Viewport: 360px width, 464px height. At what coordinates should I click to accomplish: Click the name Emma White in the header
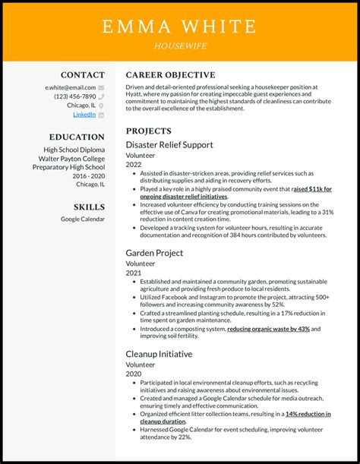point(180,26)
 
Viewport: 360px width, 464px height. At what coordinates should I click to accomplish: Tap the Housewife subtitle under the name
point(180,46)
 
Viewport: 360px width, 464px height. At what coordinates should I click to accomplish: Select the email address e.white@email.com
point(71,87)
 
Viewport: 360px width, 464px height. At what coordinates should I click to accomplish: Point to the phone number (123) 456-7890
point(74,96)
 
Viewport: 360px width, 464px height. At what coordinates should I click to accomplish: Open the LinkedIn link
point(84,115)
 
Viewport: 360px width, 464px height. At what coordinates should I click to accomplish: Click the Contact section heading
point(83,75)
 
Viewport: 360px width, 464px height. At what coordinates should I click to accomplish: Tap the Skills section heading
point(89,207)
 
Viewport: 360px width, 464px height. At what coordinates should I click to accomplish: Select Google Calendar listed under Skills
point(83,219)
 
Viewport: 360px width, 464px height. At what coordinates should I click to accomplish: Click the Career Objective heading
point(170,75)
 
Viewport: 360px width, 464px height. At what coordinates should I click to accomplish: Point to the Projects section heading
point(149,131)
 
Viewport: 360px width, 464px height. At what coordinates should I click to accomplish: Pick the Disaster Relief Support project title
point(169,144)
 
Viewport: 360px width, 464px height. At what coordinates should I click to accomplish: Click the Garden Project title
point(154,253)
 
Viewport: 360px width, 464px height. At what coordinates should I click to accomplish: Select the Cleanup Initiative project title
point(159,353)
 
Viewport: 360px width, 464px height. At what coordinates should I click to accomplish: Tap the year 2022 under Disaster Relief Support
point(134,164)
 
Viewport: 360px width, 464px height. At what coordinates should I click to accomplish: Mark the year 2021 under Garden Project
point(134,273)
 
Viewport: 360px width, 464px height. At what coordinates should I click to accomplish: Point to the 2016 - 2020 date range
point(89,175)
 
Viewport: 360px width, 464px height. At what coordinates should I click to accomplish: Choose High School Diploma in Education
point(74,150)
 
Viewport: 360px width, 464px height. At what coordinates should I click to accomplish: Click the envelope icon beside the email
point(102,87)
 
